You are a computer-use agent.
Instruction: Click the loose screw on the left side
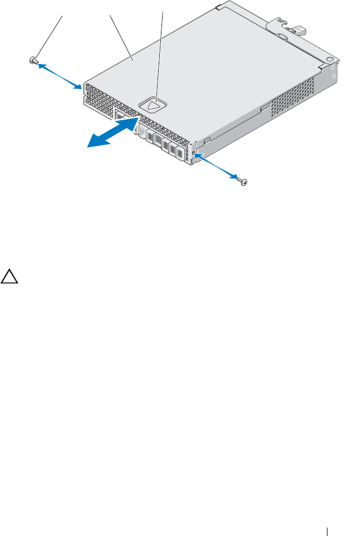[x=34, y=60]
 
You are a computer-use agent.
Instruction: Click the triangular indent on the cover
[x=153, y=103]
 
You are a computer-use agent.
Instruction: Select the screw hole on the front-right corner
[x=194, y=153]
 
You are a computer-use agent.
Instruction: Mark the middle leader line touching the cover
[x=121, y=36]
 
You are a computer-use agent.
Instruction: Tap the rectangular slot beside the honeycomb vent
[x=264, y=107]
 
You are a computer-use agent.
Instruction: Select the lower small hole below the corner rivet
[x=334, y=76]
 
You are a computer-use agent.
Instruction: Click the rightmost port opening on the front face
[x=179, y=152]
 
